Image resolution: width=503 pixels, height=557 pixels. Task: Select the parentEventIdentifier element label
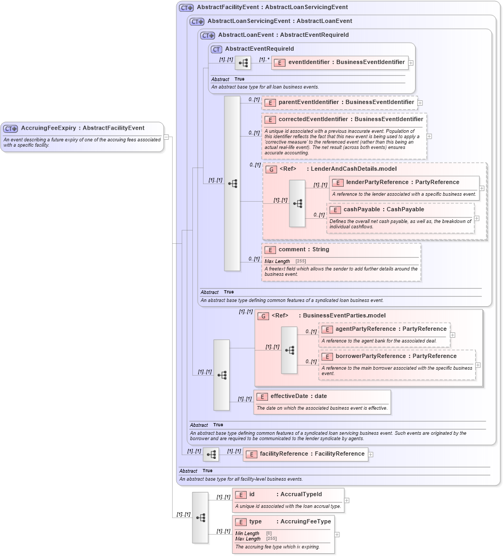pos(346,102)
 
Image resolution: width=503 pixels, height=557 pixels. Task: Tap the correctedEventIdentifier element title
pos(351,120)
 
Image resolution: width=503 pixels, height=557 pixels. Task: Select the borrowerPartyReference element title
pos(396,356)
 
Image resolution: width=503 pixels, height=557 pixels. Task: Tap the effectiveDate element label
pos(298,396)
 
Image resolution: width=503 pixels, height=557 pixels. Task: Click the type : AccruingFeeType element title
pos(290,522)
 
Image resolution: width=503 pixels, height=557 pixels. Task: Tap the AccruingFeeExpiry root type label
pos(83,128)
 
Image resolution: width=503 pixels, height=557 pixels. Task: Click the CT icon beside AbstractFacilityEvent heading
pos(186,7)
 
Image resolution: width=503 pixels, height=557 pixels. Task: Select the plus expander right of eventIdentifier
pos(411,62)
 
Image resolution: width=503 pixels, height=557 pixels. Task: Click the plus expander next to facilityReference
pos(371,455)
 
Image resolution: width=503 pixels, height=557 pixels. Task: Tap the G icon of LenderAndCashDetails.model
pos(271,169)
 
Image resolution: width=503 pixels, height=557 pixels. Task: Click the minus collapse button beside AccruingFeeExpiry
pos(166,137)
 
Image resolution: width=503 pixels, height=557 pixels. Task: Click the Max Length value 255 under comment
pos(301,261)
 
